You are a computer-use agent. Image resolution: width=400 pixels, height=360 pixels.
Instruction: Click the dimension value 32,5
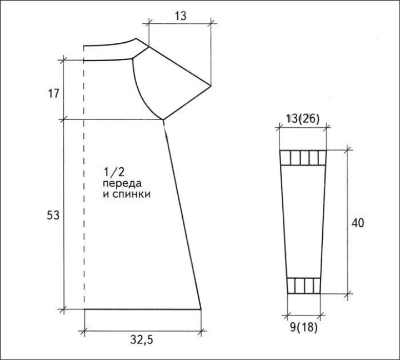(142, 340)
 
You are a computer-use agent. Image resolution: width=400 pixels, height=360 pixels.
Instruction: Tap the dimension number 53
(53, 216)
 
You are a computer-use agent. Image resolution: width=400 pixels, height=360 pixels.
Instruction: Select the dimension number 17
(53, 94)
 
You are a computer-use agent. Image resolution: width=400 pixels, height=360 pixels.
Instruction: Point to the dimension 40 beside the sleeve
(358, 223)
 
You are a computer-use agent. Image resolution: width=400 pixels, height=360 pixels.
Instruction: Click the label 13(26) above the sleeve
(303, 119)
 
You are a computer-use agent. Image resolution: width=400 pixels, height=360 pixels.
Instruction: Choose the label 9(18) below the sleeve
(304, 327)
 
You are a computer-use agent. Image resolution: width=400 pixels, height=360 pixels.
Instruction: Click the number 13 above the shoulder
(181, 16)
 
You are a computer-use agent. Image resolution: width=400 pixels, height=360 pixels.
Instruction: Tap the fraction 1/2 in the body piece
(114, 172)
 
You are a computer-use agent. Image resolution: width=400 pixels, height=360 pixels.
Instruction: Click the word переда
(122, 184)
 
